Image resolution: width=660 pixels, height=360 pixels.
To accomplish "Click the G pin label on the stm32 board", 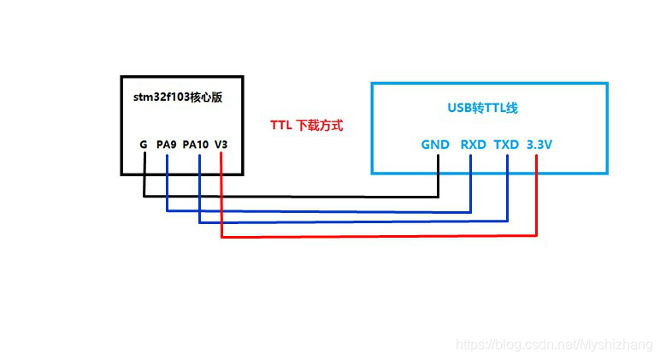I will pos(144,145).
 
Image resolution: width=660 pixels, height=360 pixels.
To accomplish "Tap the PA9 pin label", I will pos(166,145).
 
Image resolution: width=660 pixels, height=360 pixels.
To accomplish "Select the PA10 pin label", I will pos(196,145).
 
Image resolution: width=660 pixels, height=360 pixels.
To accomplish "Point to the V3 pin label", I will pos(221,145).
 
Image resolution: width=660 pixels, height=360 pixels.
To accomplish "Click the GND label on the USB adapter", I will pos(435,145).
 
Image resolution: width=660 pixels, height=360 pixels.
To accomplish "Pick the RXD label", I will pos(473,145).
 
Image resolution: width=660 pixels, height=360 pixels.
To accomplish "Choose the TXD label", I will pos(506,145).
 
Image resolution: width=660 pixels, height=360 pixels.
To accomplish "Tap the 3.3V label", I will pos(539,145).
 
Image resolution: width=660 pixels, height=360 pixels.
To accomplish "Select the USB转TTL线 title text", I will pos(483,109).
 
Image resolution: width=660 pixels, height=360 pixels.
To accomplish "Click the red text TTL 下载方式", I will pos(306,125).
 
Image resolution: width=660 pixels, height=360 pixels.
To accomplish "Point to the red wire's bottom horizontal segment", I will pos(376,236).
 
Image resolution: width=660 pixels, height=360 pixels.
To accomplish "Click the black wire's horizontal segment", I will pos(291,197).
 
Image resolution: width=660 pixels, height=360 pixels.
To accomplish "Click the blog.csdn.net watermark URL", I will pos(554,345).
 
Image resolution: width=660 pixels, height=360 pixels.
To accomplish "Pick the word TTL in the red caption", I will pos(281,125).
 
